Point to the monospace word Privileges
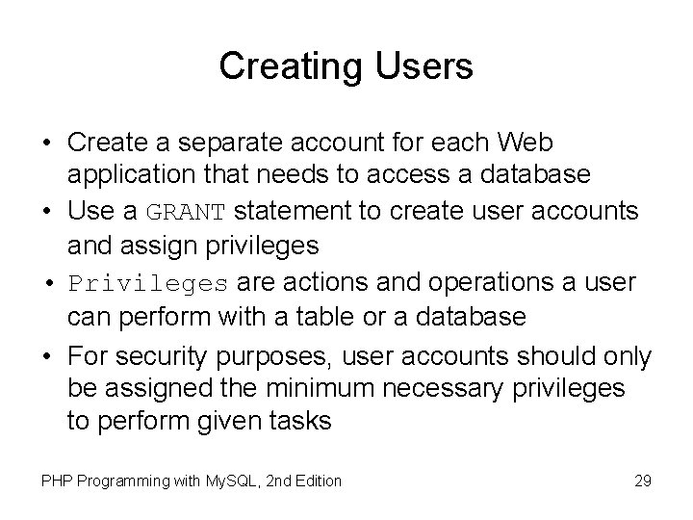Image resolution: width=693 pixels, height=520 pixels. [148, 284]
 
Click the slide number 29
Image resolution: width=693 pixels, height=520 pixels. [642, 480]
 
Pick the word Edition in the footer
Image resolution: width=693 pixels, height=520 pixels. [316, 480]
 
